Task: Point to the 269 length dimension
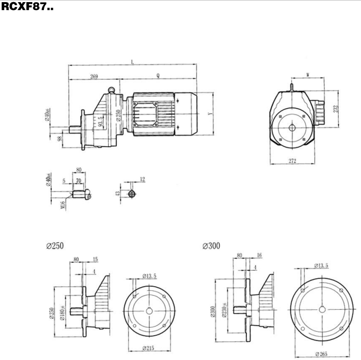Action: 94,77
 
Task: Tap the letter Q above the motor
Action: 158,76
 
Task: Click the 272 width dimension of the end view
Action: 292,160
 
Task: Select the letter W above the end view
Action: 308,75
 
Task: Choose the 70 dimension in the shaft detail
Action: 78,180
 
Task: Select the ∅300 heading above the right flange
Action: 211,246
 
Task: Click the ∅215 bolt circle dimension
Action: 149,349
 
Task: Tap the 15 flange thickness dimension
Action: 95,259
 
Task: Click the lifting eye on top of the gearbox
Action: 112,89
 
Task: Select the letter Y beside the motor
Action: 210,113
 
